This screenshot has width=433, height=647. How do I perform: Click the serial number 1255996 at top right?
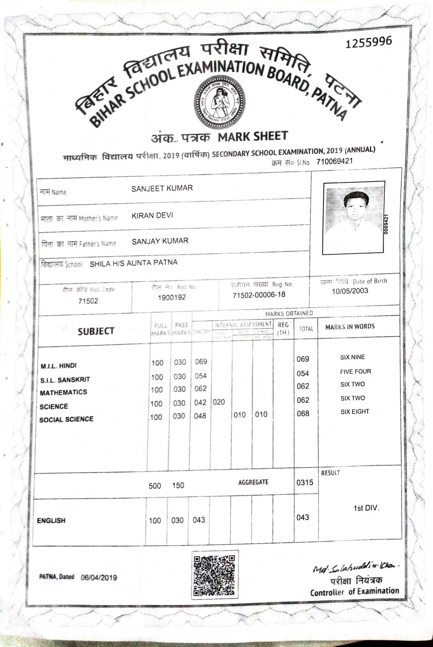(x=368, y=42)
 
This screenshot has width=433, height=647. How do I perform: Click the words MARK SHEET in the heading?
(x=253, y=136)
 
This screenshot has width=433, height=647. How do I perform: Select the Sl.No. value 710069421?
(x=335, y=161)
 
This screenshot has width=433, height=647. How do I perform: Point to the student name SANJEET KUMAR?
(x=162, y=188)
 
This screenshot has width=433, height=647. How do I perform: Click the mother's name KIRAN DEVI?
(x=152, y=216)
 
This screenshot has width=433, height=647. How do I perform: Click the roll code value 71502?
(x=88, y=301)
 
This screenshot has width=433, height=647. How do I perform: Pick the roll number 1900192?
(x=172, y=297)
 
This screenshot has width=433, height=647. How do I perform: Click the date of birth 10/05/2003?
(x=350, y=291)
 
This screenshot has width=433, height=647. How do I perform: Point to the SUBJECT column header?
(x=96, y=331)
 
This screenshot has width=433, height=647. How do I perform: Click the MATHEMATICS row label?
(x=63, y=392)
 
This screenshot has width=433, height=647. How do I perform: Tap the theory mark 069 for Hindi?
(x=201, y=362)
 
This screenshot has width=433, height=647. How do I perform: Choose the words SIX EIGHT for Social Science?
(x=354, y=412)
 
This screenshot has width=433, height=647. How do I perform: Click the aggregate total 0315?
(x=305, y=482)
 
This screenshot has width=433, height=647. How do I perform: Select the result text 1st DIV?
(x=366, y=508)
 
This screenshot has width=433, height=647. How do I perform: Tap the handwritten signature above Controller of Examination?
(x=356, y=568)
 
